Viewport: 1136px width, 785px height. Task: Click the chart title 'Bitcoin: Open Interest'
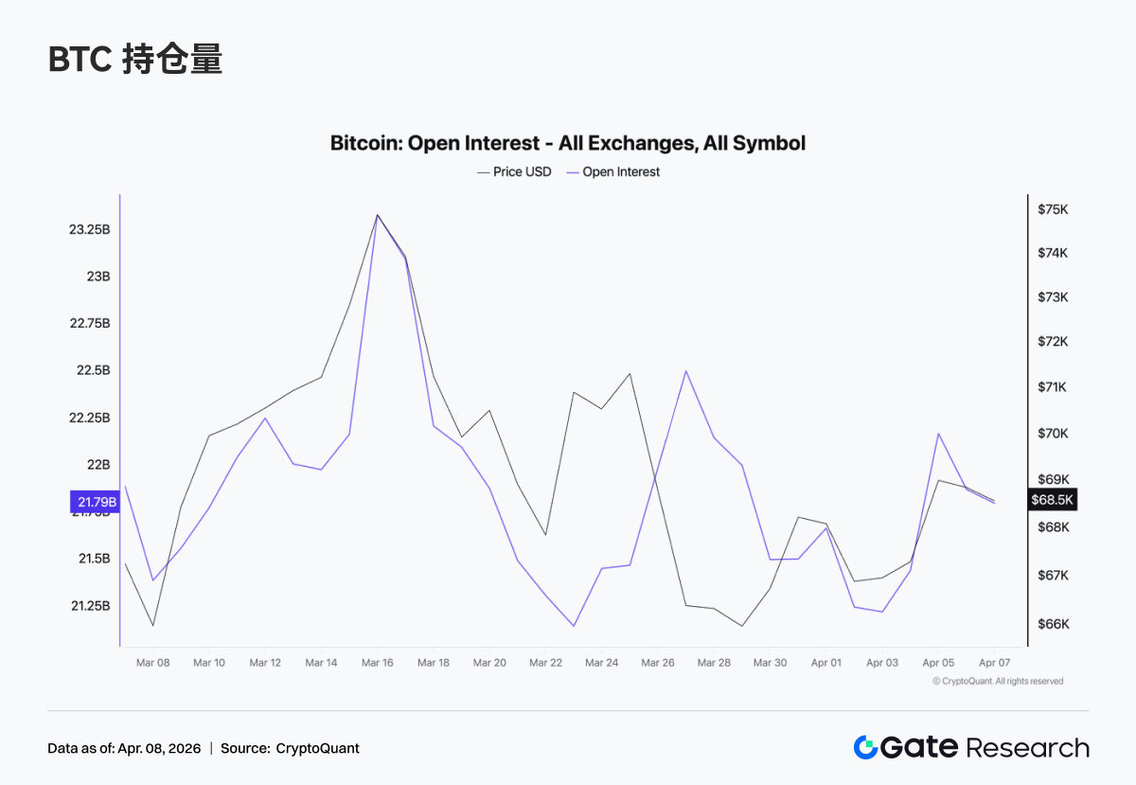pyautogui.click(x=568, y=144)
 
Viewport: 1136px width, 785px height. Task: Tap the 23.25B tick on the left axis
pyautogui.click(x=90, y=230)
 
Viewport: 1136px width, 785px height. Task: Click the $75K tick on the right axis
pyautogui.click(x=1053, y=209)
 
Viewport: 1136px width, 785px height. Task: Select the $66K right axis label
pyautogui.click(x=1053, y=624)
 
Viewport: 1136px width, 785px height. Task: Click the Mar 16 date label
pyautogui.click(x=378, y=663)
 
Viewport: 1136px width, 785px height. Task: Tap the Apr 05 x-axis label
pyautogui.click(x=938, y=663)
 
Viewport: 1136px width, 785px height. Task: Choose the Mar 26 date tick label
pyautogui.click(x=658, y=663)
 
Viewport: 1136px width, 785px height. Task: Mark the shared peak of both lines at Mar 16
pyautogui.click(x=378, y=215)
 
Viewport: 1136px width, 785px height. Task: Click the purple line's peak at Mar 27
pyautogui.click(x=685, y=370)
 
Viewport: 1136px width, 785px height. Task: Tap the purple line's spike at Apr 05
pyautogui.click(x=938, y=434)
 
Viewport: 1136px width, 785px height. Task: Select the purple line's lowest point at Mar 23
pyautogui.click(x=574, y=626)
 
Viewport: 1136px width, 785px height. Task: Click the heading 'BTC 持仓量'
pyautogui.click(x=135, y=60)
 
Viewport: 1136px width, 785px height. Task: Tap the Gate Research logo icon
pyautogui.click(x=866, y=747)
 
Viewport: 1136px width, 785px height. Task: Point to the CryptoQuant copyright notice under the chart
pyautogui.click(x=998, y=681)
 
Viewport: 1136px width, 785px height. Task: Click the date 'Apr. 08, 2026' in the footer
pyautogui.click(x=160, y=748)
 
